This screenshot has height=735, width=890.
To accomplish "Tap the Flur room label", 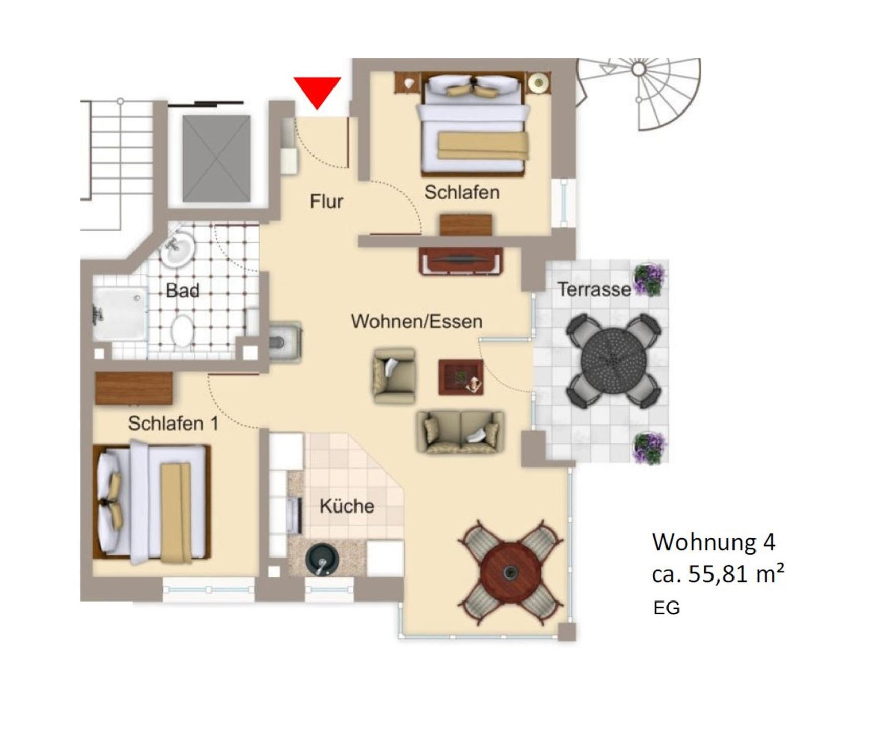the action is point(326,202).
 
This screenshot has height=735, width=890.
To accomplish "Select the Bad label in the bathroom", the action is point(183,291).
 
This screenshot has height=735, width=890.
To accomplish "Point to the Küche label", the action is point(347,506).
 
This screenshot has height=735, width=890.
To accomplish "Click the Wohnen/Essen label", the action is point(417,321).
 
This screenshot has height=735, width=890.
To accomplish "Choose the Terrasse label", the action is point(594,289).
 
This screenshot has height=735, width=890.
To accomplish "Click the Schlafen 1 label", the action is point(173,424).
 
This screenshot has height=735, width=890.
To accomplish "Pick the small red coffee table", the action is point(461,377).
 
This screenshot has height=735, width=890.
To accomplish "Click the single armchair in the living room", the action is point(394,376).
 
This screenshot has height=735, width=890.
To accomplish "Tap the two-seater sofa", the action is point(461,432).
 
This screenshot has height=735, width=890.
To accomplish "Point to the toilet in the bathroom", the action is point(182,330).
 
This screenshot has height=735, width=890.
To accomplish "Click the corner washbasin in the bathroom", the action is point(177,249).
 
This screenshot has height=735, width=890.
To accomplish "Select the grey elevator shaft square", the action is point(216,158).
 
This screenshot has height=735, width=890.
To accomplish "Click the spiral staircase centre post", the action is point(638,69).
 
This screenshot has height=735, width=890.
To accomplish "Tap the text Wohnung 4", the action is point(714,542).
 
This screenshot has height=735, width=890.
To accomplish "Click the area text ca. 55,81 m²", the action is point(718,574).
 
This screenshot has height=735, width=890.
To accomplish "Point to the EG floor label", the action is point(666,608).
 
